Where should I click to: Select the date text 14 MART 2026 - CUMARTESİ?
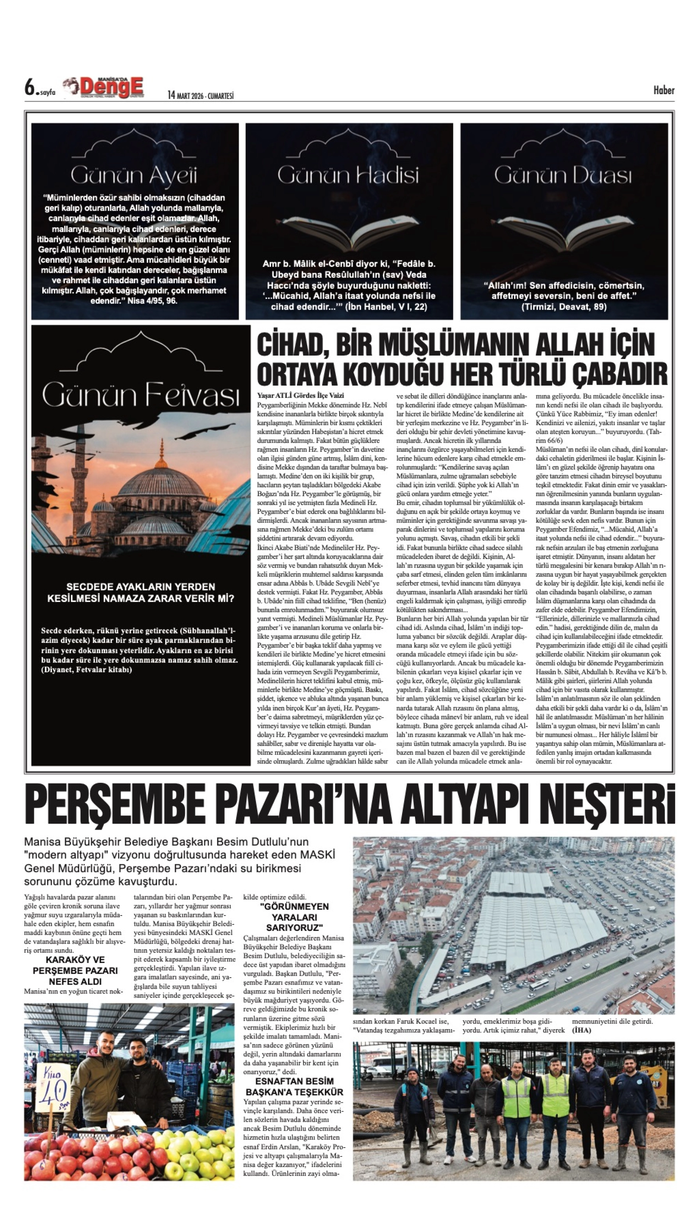click(201, 96)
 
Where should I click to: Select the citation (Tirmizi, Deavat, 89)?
click(564, 307)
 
